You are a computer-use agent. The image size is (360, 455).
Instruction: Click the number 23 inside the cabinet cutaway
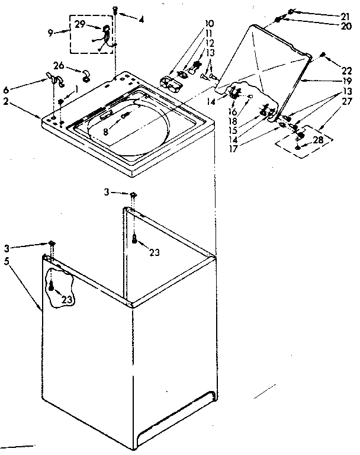67,300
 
